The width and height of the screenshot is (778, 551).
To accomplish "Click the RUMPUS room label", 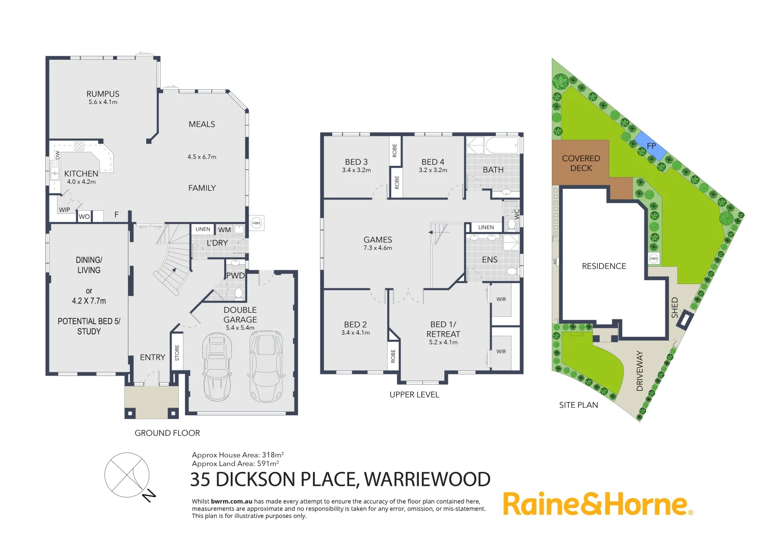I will [103, 94].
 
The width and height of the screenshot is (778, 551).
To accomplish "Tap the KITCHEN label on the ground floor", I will [81, 173].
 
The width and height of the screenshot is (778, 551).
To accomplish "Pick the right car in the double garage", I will [265, 365].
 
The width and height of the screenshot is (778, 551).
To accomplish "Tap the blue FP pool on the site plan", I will [651, 145].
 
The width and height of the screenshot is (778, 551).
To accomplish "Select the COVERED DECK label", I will [581, 163].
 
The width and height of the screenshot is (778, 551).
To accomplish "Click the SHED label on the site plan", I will [675, 308].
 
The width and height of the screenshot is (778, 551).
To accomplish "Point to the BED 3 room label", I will [356, 162].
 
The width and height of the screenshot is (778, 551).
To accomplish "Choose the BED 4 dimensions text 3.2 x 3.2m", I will [433, 170].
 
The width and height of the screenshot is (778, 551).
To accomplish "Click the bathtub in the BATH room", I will [502, 145].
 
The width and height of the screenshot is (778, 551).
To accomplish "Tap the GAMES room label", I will [378, 239].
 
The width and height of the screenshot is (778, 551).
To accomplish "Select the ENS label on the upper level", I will [490, 260].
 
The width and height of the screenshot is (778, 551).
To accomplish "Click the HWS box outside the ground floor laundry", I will [256, 223].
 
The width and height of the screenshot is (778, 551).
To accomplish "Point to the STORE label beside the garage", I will [177, 353].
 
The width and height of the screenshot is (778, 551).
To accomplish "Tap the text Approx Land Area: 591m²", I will [235, 464].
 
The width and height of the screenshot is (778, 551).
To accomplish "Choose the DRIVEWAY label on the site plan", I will [640, 371].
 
